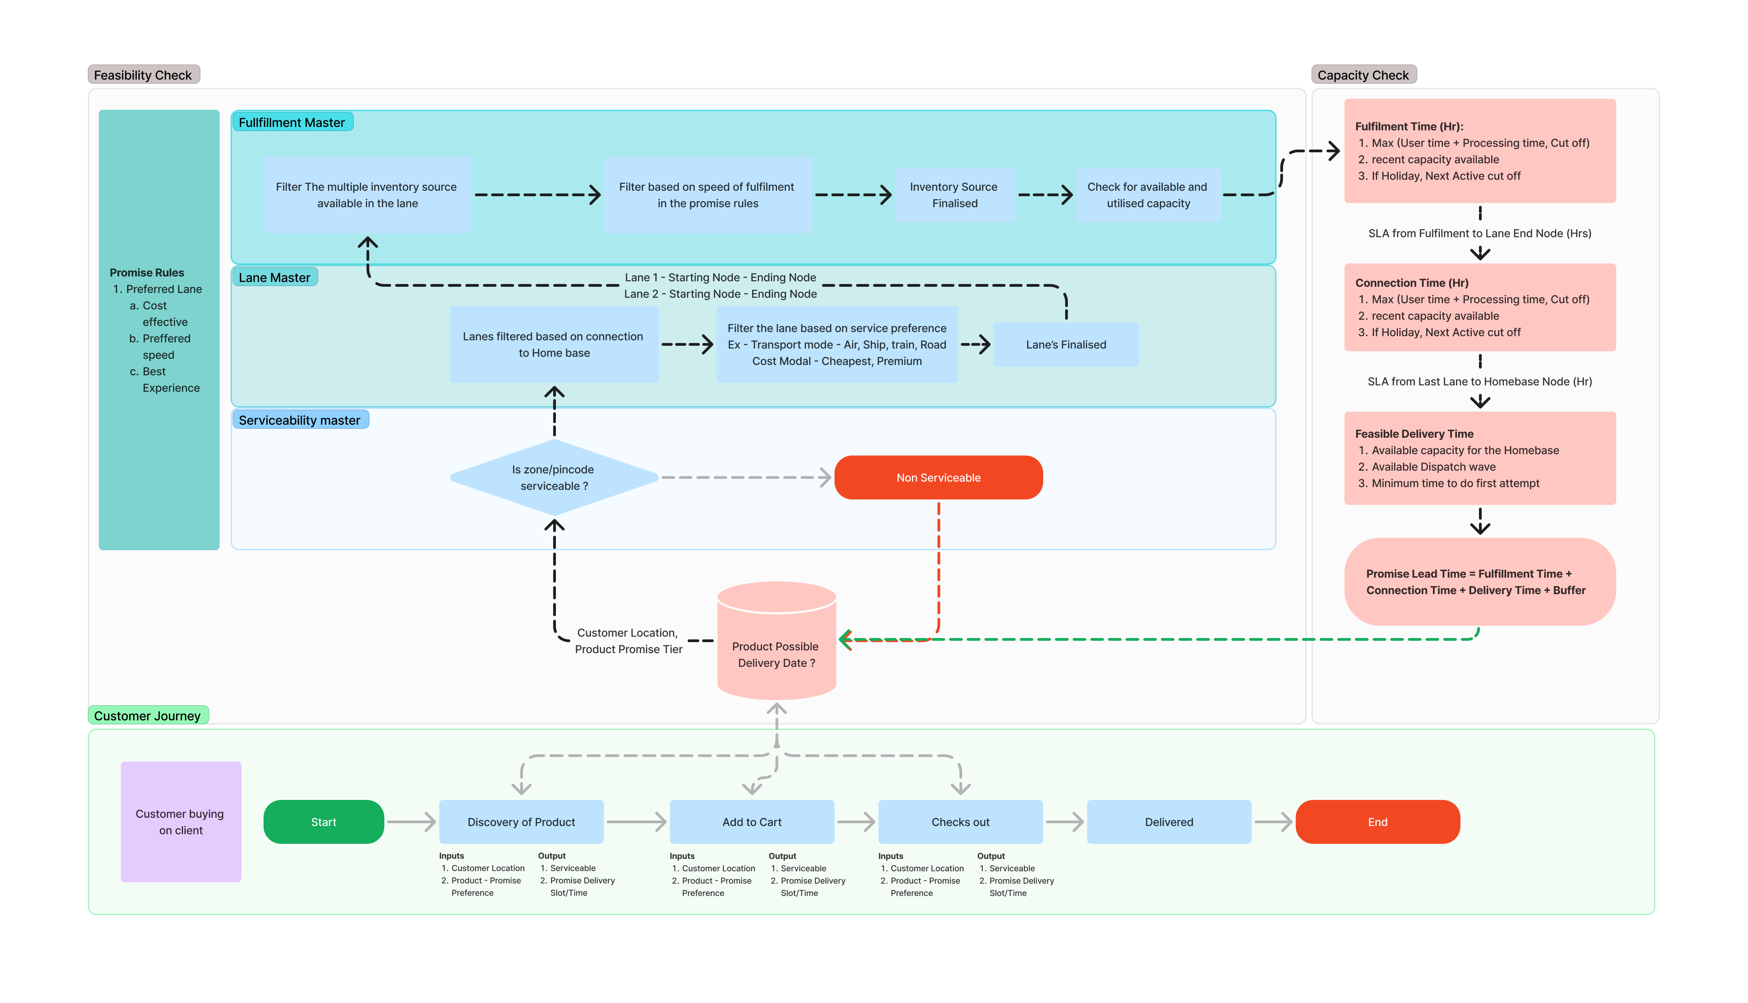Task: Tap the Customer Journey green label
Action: point(148,716)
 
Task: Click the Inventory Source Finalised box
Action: point(954,195)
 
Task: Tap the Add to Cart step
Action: point(752,822)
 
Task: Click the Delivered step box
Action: point(1168,822)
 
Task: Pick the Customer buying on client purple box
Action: point(180,822)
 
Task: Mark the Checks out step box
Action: point(960,822)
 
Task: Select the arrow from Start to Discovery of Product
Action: point(411,822)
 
